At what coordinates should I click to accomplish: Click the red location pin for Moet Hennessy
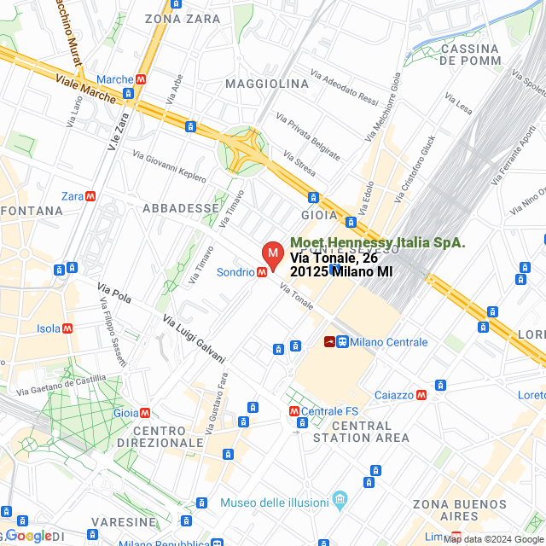(x=273, y=254)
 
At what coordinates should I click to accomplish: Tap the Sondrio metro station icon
(x=262, y=272)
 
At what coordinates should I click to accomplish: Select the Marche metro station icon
(x=141, y=79)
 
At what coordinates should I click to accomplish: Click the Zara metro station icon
(x=90, y=196)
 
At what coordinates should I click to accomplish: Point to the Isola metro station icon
(x=67, y=328)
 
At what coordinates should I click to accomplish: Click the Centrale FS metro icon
(x=294, y=411)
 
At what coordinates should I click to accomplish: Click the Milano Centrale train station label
(x=388, y=342)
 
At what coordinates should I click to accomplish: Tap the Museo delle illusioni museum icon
(x=340, y=497)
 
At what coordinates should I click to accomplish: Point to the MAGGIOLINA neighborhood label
(x=267, y=84)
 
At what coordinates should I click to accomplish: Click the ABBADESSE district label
(x=181, y=208)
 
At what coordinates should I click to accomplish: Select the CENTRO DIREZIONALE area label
(x=168, y=436)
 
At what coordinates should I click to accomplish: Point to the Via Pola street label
(x=114, y=294)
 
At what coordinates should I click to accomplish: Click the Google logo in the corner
(x=28, y=536)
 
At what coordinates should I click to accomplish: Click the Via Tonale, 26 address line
(x=334, y=258)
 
